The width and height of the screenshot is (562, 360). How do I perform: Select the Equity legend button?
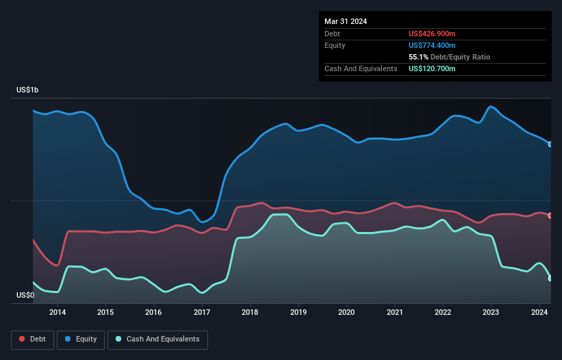point(81,339)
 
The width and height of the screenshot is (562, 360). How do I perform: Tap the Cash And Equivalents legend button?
point(157,339)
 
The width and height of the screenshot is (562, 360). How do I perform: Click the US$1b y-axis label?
point(31,90)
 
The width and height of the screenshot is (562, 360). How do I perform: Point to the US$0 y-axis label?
point(25,296)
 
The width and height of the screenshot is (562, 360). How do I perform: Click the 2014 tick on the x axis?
point(58,313)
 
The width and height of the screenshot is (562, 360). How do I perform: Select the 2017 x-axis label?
point(202,313)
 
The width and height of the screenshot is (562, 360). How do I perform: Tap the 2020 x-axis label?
point(346,313)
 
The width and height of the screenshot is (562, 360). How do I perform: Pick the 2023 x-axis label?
point(491,313)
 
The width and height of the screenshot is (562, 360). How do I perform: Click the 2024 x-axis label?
point(539,313)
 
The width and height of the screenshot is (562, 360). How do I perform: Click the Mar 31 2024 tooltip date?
point(346,21)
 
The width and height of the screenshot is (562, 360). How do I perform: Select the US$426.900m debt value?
point(432,34)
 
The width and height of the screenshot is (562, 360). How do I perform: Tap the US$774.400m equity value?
point(432,45)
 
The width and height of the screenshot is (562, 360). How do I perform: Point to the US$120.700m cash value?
point(432,68)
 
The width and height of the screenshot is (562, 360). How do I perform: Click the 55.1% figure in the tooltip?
point(418,57)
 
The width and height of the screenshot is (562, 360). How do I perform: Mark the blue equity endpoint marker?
point(550,144)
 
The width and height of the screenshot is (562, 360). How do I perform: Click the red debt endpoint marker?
point(550,216)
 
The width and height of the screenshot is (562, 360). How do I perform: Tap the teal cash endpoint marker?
point(550,279)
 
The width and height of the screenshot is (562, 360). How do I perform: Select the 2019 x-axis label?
point(298,313)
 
